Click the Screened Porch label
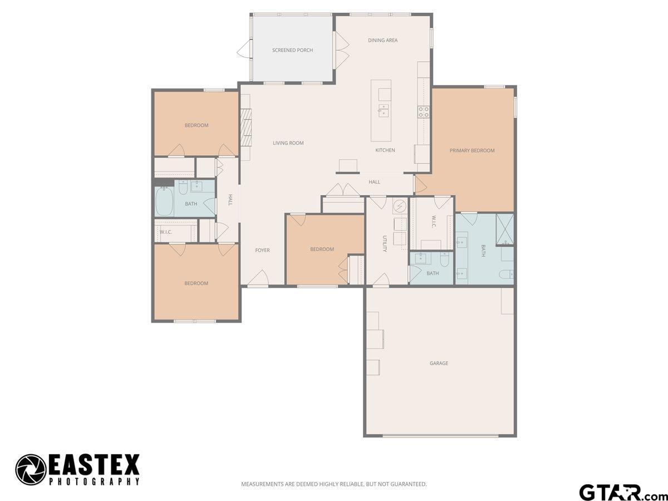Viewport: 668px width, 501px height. point(292,50)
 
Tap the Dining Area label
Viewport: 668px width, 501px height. point(382,40)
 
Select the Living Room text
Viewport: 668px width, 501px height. point(288,143)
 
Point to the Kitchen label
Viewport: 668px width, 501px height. point(385,150)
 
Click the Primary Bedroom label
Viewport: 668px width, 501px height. point(472,150)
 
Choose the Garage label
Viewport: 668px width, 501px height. point(439,363)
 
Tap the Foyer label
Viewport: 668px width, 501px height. point(262,250)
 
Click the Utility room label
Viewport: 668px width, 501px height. point(385,244)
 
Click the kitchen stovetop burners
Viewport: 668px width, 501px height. point(423,112)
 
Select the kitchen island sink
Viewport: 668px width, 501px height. point(384,110)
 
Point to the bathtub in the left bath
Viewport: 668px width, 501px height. point(164,201)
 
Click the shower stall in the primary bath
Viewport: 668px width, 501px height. point(505,229)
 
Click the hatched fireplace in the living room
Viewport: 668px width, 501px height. point(246,127)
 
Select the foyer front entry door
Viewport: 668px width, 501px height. point(258,278)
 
